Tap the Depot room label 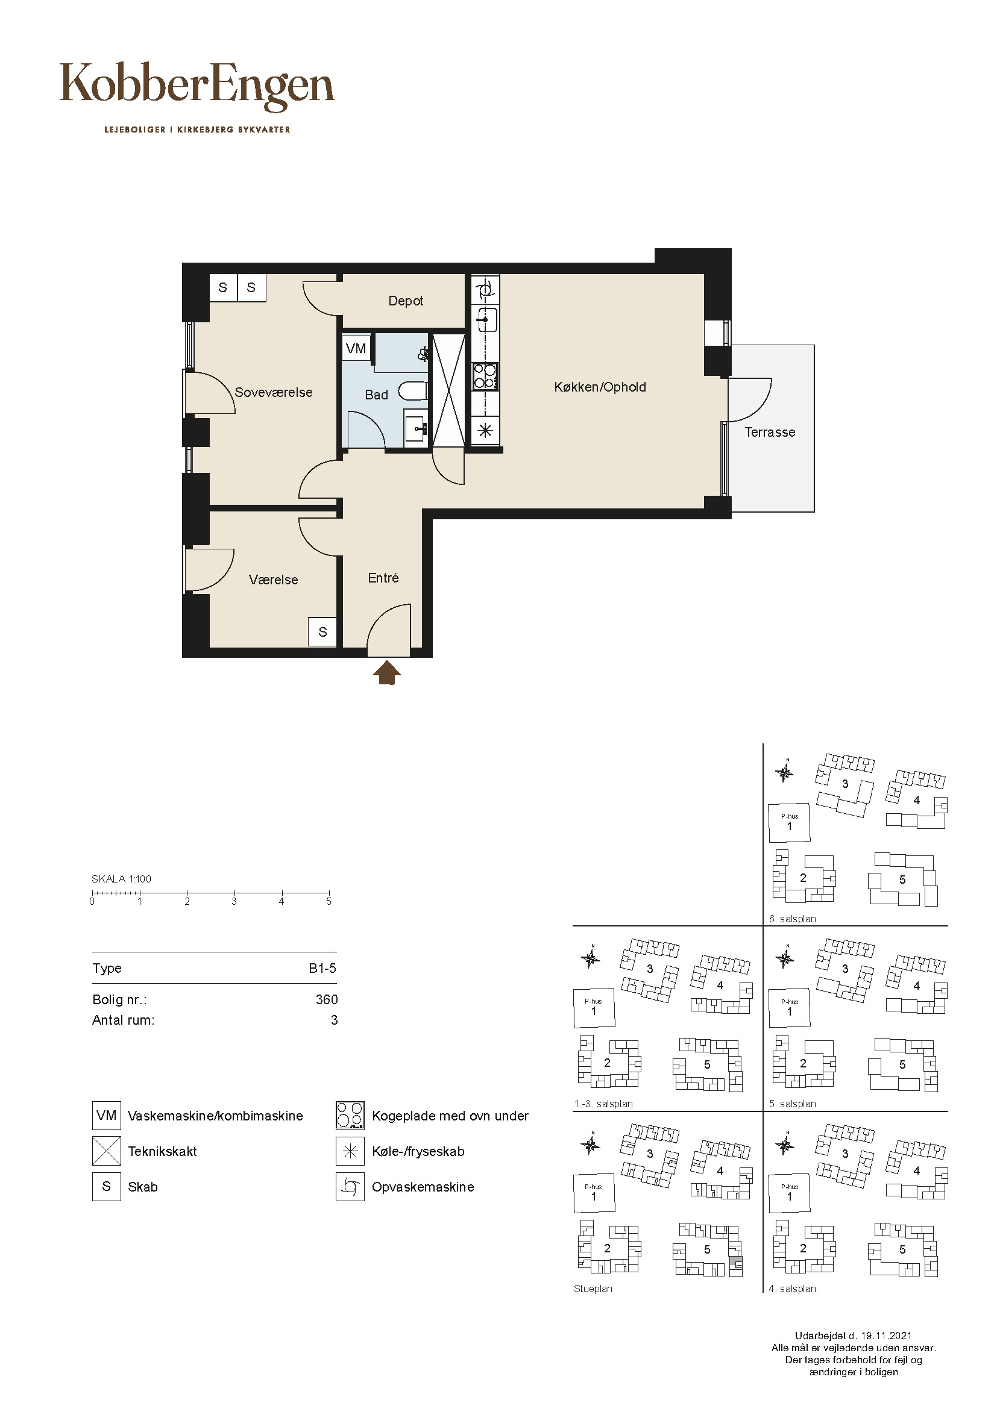(406, 301)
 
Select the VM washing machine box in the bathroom (356, 349)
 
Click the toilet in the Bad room (412, 391)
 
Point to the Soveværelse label (274, 392)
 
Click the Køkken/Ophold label (600, 387)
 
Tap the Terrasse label (770, 432)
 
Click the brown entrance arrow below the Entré (387, 673)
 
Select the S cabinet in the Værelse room (322, 631)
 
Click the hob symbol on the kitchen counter (485, 376)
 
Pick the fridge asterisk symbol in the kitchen (485, 430)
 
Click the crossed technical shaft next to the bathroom (449, 390)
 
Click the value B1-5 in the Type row (323, 969)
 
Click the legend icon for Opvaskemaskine (350, 1187)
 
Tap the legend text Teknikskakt (163, 1151)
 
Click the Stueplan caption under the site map (593, 1289)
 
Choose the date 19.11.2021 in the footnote (886, 1336)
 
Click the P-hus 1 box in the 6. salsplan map (790, 823)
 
